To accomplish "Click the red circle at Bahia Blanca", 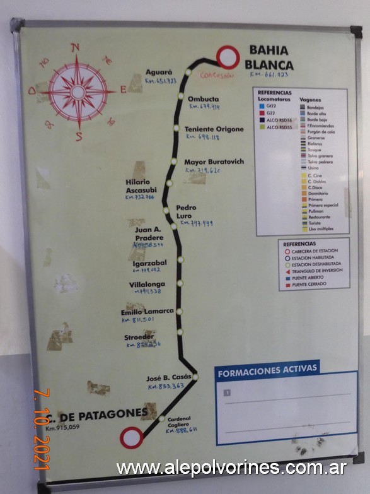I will [x=228, y=57].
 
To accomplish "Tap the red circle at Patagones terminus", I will [x=132, y=437].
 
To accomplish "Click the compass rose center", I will [x=78, y=92].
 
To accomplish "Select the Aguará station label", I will [x=159, y=72].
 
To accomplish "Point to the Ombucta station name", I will [x=204, y=99].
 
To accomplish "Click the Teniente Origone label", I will [x=214, y=129].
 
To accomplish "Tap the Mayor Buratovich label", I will [x=214, y=162].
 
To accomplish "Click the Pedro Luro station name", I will [x=186, y=211].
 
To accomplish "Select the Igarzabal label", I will [x=149, y=262].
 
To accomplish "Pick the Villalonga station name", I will [x=147, y=285].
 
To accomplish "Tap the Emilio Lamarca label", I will [x=147, y=312].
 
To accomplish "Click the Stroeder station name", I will [x=139, y=337].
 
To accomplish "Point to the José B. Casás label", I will [x=168, y=377].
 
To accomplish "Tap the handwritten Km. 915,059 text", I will [x=63, y=427].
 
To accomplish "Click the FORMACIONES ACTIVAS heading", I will [x=259, y=372].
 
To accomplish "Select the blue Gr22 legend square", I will [x=262, y=107].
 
